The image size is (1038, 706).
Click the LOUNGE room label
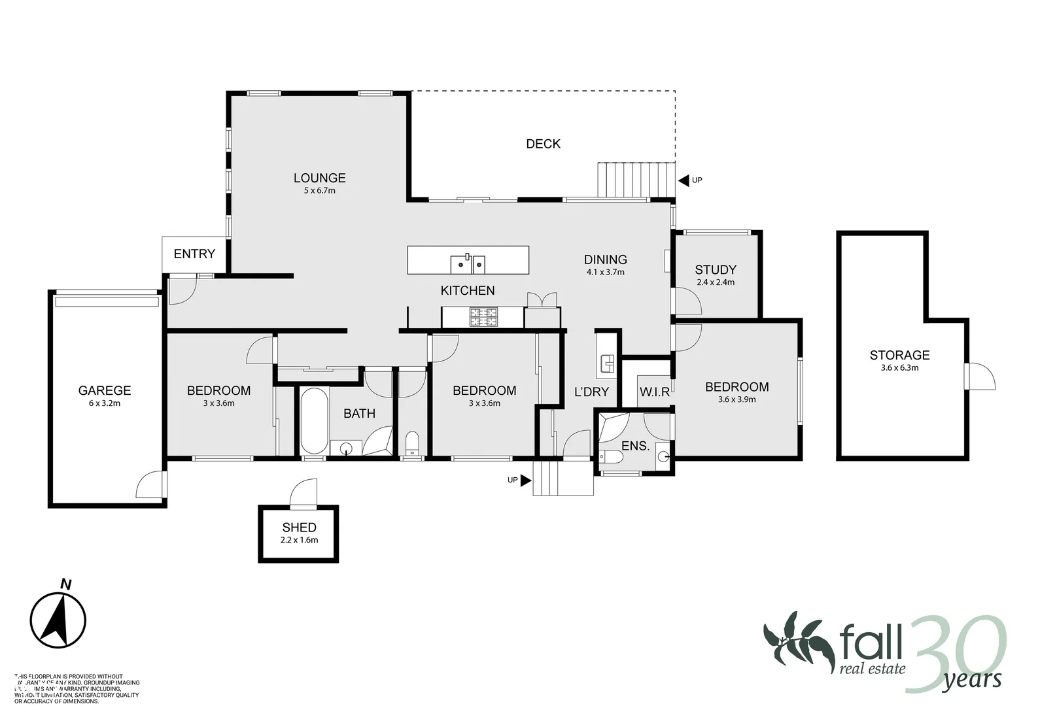pos(319,178)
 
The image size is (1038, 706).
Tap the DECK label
pos(543,144)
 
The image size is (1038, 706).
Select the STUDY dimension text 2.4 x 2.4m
pos(716,282)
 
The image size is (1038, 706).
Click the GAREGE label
pos(105,390)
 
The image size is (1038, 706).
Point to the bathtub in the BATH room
pos(314,421)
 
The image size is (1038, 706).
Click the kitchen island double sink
pos(468,264)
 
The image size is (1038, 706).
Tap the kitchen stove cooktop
pos(483,318)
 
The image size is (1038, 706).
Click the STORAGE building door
pos(979,377)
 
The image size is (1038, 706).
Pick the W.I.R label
pos(655,392)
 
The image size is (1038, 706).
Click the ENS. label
pos(635,446)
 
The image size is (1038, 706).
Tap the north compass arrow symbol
pos(58,618)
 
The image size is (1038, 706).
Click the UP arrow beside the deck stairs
pos(684,180)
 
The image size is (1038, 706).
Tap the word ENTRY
pos(194,254)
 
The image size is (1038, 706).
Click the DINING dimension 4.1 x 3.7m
pos(606,272)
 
